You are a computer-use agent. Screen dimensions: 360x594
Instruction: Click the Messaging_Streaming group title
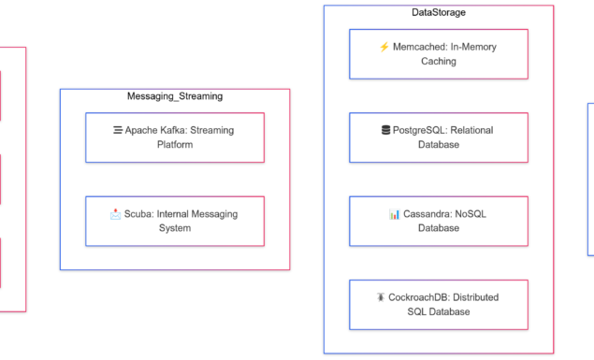click(175, 96)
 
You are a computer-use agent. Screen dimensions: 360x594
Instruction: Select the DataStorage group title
click(439, 12)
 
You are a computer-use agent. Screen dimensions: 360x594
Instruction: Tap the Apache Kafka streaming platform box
click(175, 137)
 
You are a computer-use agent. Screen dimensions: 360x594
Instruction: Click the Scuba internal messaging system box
click(175, 221)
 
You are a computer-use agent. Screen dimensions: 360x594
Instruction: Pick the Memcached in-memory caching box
click(439, 54)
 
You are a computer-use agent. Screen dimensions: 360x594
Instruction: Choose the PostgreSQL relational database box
click(439, 137)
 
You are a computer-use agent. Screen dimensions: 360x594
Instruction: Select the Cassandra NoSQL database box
click(439, 221)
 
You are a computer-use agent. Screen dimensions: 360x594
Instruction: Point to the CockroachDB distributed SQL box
click(439, 304)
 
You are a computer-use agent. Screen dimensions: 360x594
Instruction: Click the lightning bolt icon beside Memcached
click(384, 47)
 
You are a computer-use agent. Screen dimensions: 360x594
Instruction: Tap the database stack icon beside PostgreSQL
click(385, 131)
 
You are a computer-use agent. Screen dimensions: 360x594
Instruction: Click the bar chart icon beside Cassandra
click(394, 214)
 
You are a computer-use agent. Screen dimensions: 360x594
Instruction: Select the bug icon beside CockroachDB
click(382, 297)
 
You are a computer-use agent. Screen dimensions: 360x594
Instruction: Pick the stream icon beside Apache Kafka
click(118, 131)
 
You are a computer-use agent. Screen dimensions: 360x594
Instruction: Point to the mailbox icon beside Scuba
click(115, 214)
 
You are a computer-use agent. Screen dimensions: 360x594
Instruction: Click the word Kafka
click(180, 131)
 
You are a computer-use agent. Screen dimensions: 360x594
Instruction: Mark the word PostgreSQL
click(422, 131)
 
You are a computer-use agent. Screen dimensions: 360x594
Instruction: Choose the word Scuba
click(138, 214)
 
